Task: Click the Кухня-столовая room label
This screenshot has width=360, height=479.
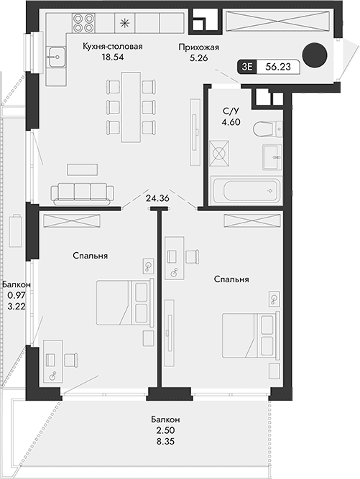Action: (113, 47)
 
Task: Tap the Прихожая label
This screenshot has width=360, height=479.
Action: (199, 47)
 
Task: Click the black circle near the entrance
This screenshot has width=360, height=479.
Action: (315, 55)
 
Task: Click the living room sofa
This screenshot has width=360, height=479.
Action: (82, 192)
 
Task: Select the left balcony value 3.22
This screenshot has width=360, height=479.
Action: (16, 306)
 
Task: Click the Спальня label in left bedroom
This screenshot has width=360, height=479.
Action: (90, 255)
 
